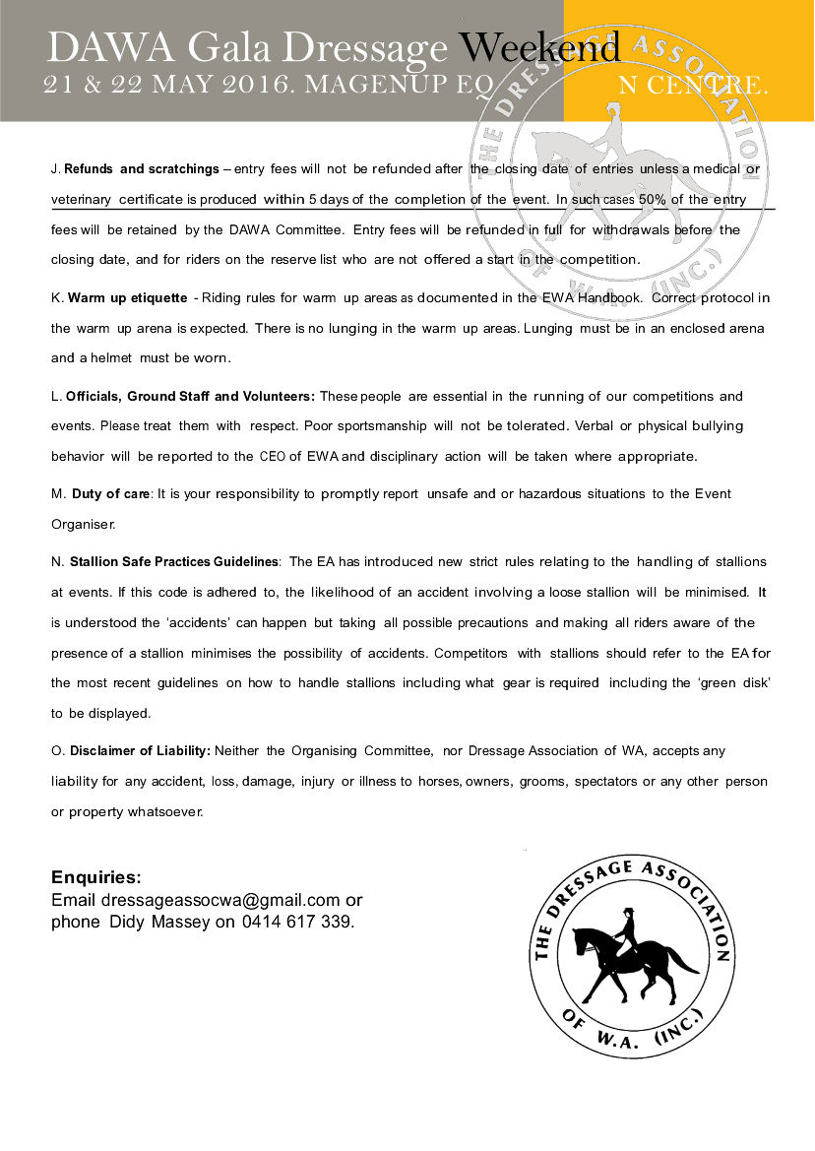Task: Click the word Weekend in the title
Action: [x=540, y=46]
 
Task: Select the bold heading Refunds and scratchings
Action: [x=142, y=169]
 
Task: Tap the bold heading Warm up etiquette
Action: [x=128, y=297]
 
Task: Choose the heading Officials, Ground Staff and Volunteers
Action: [x=190, y=396]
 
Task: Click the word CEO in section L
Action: [x=272, y=457]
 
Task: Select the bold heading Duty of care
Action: [x=108, y=493]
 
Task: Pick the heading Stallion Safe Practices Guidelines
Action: [x=174, y=561]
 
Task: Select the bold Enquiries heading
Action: [x=96, y=877]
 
